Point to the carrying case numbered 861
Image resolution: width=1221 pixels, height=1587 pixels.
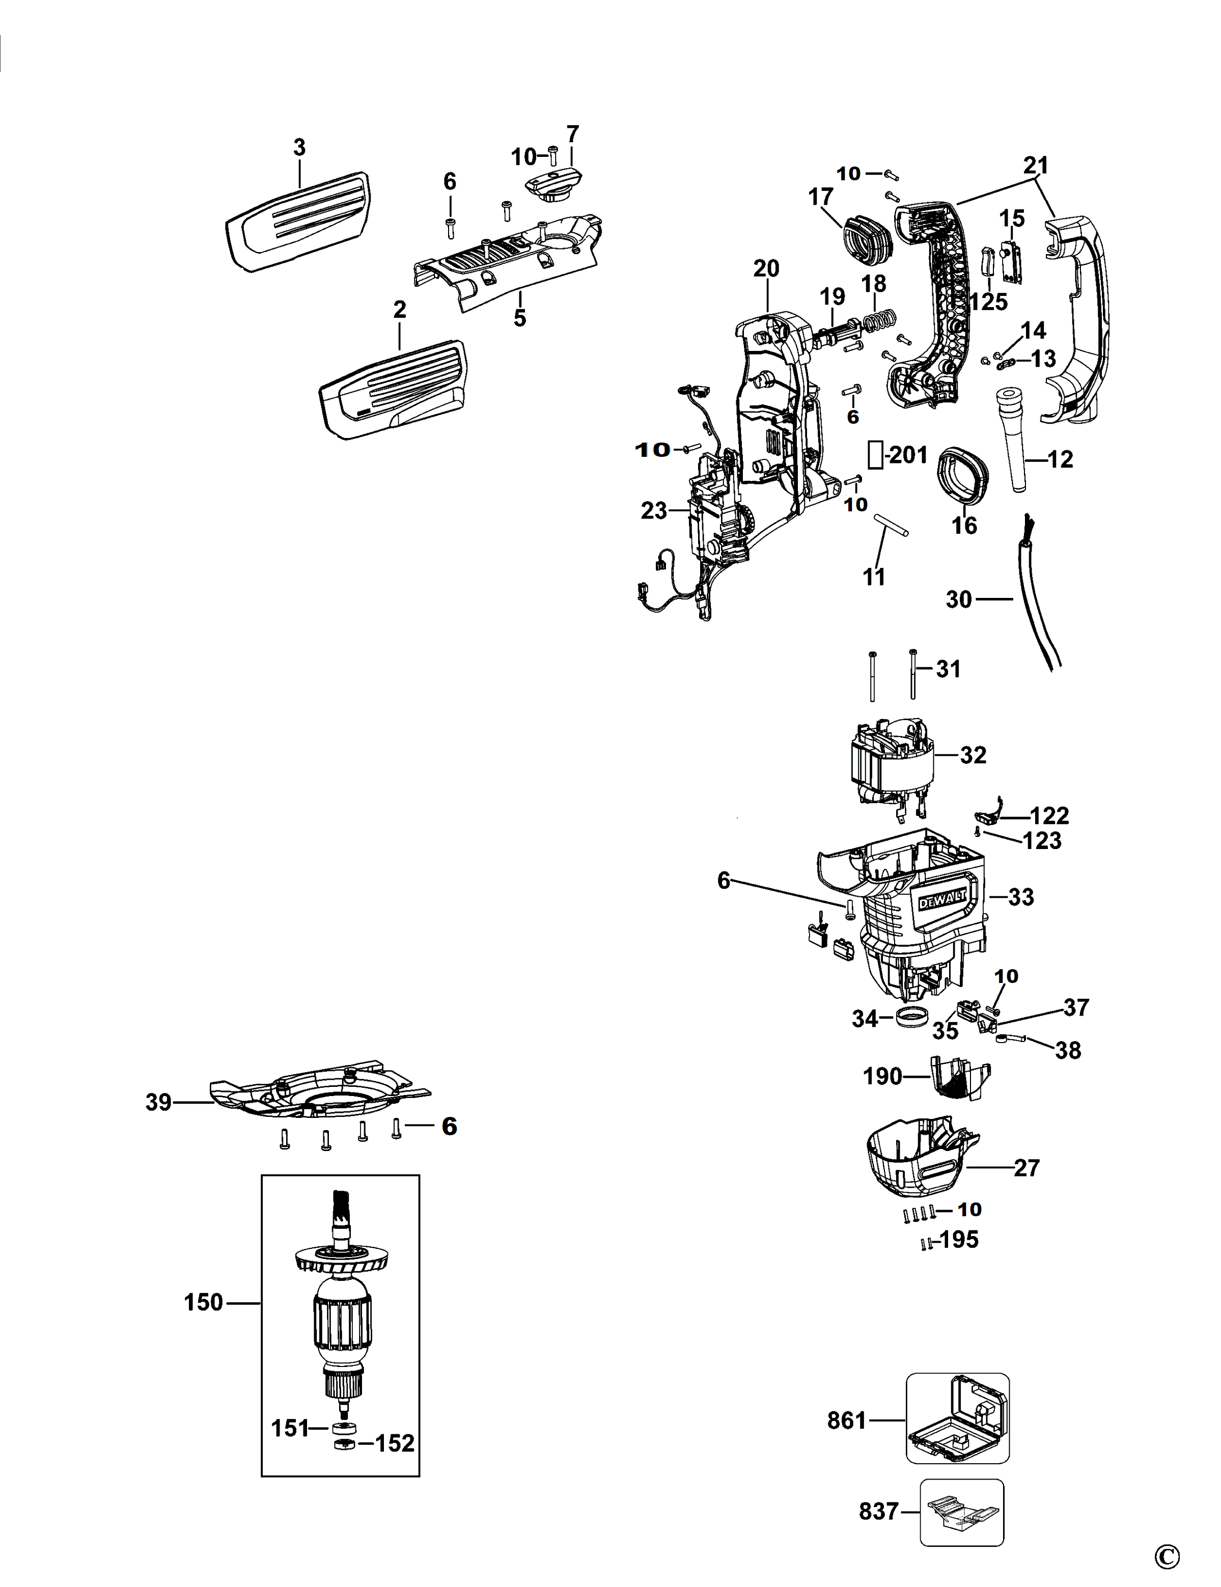(x=957, y=1418)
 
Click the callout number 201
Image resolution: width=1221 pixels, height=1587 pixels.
(x=908, y=455)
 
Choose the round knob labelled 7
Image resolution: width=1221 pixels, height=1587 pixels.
(x=553, y=185)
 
